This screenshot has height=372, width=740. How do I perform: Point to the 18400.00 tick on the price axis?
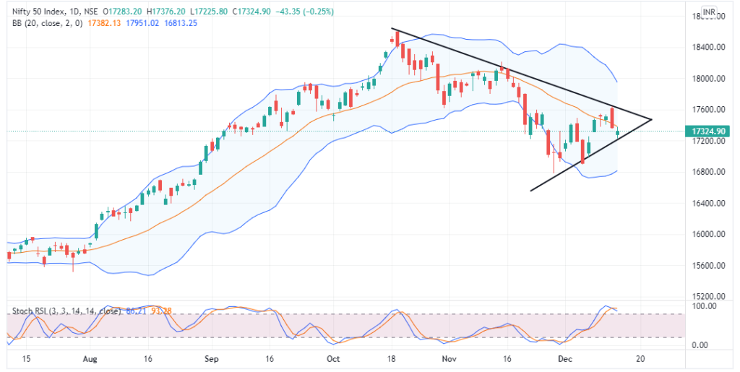coord(705,48)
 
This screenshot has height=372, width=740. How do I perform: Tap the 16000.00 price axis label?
coord(705,235)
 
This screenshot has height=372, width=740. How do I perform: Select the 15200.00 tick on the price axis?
coord(705,297)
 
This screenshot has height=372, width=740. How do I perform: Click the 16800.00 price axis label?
coord(705,173)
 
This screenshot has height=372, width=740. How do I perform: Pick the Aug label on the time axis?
coord(90,358)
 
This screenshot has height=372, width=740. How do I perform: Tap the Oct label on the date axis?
coord(333,358)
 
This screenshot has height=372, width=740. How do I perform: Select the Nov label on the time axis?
coord(449,358)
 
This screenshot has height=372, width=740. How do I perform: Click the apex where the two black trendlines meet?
coord(652,119)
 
